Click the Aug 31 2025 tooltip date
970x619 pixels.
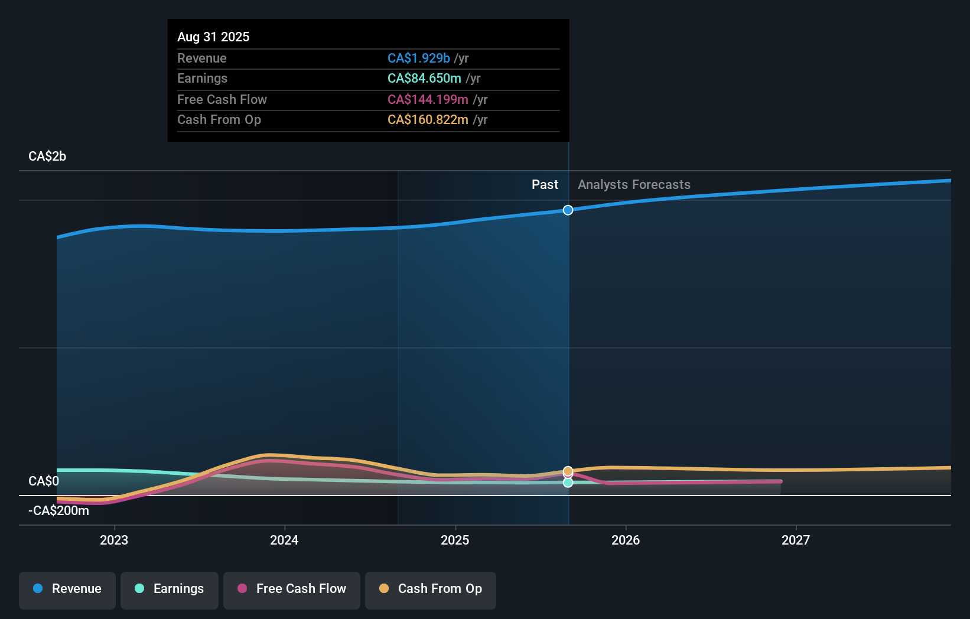(213, 37)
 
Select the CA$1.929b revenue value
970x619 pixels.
(418, 58)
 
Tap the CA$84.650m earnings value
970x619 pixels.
(424, 79)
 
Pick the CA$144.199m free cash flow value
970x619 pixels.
(428, 99)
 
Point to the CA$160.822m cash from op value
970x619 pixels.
(428, 120)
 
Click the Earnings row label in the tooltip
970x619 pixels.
(202, 79)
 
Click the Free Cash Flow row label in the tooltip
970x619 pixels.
(222, 99)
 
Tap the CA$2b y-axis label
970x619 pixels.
(47, 157)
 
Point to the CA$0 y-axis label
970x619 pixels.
(44, 481)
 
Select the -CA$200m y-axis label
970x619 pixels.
(58, 510)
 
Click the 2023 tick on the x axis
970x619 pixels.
(114, 540)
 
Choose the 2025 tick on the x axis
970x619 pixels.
(455, 540)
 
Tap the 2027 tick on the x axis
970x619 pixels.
(796, 540)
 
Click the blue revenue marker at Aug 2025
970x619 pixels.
(568, 210)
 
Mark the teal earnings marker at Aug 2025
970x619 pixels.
(568, 483)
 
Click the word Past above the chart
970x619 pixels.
(545, 185)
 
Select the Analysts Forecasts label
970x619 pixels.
(634, 185)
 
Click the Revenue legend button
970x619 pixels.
(67, 589)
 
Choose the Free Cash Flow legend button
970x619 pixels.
(292, 589)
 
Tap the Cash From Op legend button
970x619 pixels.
(431, 589)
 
